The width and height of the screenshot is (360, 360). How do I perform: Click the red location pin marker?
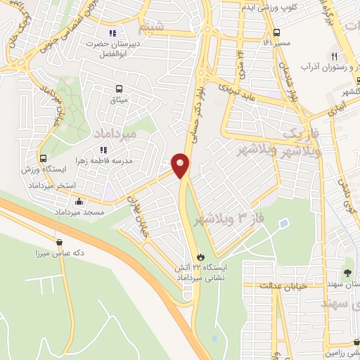(x=181, y=165)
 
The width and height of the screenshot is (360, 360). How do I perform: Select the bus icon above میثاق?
(x=119, y=89)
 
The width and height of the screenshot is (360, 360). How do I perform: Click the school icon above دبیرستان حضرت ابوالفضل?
(x=112, y=32)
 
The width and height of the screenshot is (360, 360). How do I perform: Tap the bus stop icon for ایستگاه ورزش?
(x=44, y=159)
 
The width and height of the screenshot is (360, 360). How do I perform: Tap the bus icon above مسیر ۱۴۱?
(x=277, y=32)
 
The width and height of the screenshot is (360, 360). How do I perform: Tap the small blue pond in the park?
(x=284, y=224)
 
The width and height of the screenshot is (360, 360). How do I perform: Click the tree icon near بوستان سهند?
(x=348, y=273)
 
